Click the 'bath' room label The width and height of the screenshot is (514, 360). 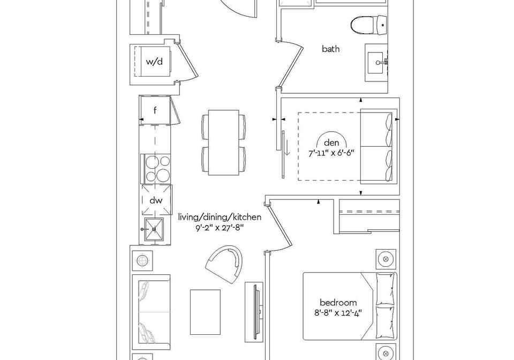click(330, 49)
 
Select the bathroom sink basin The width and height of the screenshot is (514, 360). click(376, 63)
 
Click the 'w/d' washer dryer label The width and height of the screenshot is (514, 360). click(154, 61)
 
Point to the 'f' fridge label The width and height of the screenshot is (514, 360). click(155, 110)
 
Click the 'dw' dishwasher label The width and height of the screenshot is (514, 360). click(156, 200)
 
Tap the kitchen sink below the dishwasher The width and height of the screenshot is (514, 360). click(154, 229)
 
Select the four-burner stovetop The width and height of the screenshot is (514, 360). click(156, 169)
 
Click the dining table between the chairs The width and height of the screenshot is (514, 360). click(224, 142)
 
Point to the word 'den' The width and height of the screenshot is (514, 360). click(331, 142)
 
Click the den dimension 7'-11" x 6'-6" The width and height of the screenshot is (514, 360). click(331, 153)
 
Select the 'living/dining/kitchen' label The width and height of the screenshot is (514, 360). click(220, 217)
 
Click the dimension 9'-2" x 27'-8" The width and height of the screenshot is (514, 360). click(220, 228)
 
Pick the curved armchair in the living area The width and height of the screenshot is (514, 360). click(225, 264)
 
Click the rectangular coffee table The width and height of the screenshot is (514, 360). click(205, 312)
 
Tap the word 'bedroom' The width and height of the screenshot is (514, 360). click(338, 302)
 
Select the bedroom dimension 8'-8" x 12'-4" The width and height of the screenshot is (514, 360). click(338, 312)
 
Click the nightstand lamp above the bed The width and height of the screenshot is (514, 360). click(386, 259)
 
